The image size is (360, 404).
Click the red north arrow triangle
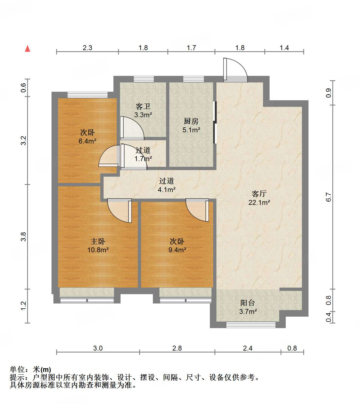tap(27, 48)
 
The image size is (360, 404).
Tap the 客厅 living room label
tap(259, 194)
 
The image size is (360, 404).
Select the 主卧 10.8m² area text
tap(98, 250)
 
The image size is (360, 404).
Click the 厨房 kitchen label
tap(191, 121)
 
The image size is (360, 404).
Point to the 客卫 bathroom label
tap(143, 107)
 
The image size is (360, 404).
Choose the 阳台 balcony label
tap(247, 303)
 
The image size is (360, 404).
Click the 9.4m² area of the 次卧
tap(177, 250)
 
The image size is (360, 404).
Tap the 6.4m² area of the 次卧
tap(87, 141)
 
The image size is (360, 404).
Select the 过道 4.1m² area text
tap(167, 189)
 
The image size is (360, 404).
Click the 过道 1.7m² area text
tap(143, 159)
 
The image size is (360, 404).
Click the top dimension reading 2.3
tap(87, 48)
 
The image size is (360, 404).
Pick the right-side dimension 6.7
tap(328, 197)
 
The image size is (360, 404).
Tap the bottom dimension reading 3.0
tap(98, 348)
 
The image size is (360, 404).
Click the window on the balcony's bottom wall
tap(250, 325)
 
